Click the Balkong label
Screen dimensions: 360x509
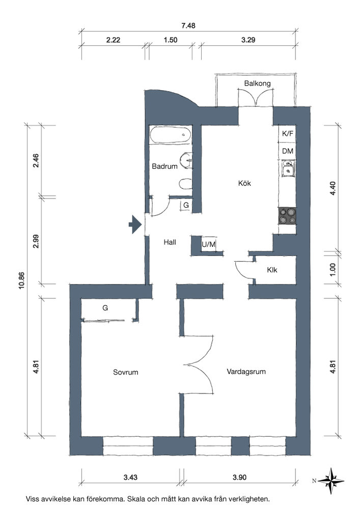pyautogui.click(x=257, y=83)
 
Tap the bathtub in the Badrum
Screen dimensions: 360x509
pyautogui.click(x=171, y=134)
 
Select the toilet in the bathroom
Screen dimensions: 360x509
pyautogui.click(x=186, y=184)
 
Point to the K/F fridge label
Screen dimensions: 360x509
pyautogui.click(x=287, y=133)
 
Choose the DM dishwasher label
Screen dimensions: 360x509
pyautogui.click(x=287, y=151)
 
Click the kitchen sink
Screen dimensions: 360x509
pyautogui.click(x=287, y=168)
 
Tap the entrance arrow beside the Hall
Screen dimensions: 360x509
pyautogui.click(x=135, y=224)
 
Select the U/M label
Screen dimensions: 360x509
pyautogui.click(x=208, y=244)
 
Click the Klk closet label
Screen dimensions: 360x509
pyautogui.click(x=272, y=270)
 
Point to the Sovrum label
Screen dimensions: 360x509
pyautogui.click(x=125, y=372)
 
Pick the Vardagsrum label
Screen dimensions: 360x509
pyautogui.click(x=246, y=372)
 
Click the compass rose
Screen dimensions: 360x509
pyautogui.click(x=330, y=481)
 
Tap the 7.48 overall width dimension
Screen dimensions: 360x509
pyautogui.click(x=188, y=25)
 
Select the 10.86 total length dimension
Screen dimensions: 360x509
pyautogui.click(x=22, y=280)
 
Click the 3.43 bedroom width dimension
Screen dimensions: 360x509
pyautogui.click(x=130, y=477)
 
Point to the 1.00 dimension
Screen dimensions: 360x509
pyautogui.click(x=332, y=269)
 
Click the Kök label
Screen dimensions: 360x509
pyautogui.click(x=244, y=183)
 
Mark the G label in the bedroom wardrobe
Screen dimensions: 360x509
pyautogui.click(x=105, y=308)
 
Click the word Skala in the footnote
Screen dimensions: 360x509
pyautogui.click(x=136, y=499)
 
